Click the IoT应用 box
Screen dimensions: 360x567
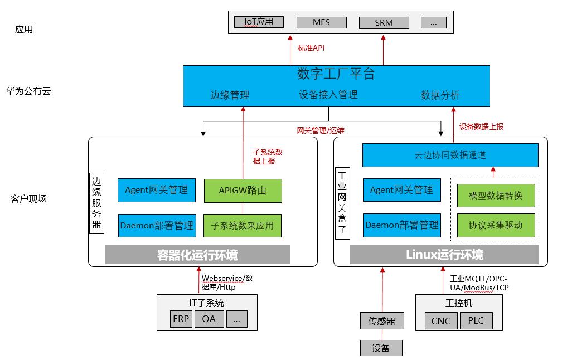259,22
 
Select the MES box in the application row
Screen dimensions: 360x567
321,22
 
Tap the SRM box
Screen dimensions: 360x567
384,23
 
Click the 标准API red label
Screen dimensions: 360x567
311,48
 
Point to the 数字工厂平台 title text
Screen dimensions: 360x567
336,74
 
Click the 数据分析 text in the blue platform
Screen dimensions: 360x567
440,95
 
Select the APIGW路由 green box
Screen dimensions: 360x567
243,191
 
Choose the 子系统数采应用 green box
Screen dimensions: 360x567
243,226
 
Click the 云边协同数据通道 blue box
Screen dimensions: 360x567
450,155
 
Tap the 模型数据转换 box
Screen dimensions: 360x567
496,196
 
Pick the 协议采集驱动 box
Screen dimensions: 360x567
496,225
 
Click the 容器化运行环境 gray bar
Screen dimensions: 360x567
197,255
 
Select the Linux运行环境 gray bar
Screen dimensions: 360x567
444,255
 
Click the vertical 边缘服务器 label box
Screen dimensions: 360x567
97,203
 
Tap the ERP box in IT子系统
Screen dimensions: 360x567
181,319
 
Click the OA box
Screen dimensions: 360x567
209,319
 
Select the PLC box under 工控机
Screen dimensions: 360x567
476,320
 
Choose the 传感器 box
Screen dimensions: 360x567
381,321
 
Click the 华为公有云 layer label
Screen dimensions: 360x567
28,91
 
